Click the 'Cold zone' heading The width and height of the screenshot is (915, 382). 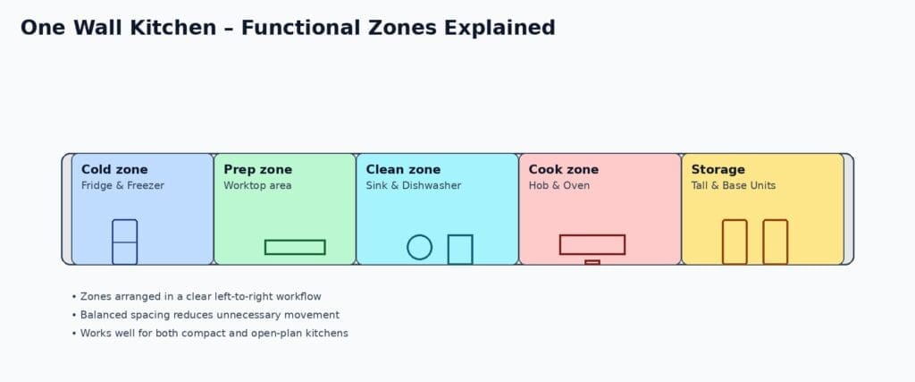pos(114,169)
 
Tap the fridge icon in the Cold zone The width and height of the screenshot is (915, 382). pos(124,242)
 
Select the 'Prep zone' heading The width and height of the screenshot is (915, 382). pos(257,169)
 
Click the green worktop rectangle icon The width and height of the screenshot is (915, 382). pos(295,247)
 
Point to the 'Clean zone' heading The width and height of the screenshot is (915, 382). pos(403,169)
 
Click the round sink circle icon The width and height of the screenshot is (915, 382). pos(419,247)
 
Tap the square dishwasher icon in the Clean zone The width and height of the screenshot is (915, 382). pos(460,249)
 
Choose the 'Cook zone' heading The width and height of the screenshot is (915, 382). pos(563,169)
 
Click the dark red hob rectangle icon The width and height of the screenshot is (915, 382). pos(592,244)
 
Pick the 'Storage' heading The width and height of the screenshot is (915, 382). pos(718,169)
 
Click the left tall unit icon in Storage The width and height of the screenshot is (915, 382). pos(735,242)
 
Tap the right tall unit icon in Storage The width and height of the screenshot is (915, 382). pos(775,242)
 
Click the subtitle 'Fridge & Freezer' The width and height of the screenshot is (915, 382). pos(122,186)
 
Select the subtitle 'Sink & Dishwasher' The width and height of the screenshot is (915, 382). pos(414,186)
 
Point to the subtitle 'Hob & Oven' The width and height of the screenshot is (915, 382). pos(558,186)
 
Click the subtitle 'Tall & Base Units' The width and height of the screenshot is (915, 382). pos(734,186)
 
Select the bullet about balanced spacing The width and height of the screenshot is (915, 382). pos(210,315)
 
